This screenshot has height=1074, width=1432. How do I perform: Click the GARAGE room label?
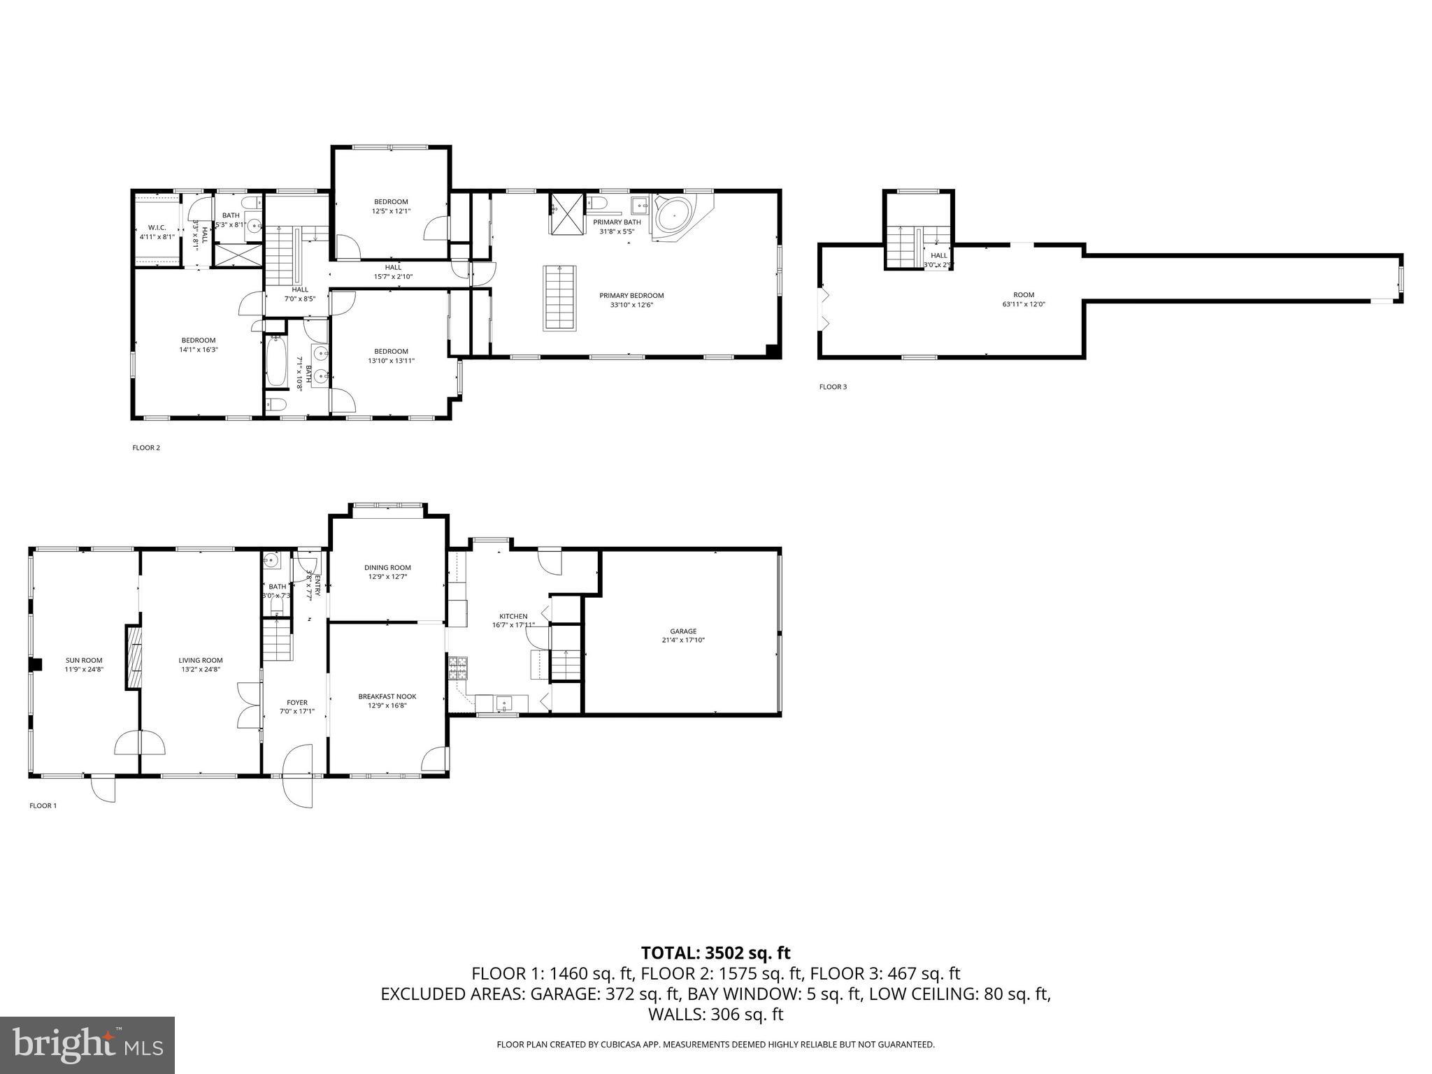[682, 631]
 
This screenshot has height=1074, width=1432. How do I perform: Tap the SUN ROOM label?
[84, 660]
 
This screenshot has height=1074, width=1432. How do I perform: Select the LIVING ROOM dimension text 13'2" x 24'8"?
[201, 669]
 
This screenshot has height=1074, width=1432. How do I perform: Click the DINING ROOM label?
[387, 568]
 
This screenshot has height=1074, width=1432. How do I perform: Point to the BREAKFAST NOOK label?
[387, 696]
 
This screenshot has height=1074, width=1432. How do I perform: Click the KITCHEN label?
[513, 616]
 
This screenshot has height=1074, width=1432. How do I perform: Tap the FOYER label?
[297, 703]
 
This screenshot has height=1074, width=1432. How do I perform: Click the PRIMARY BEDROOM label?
[631, 296]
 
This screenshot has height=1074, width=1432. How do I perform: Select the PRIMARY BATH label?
[613, 222]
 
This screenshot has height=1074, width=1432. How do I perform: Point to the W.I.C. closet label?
[157, 227]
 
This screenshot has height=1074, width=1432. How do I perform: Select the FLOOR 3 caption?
[833, 387]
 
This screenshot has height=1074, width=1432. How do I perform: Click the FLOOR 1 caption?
[43, 805]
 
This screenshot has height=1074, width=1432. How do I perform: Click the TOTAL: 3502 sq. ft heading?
[715, 952]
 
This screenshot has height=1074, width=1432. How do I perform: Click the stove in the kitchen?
[458, 668]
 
